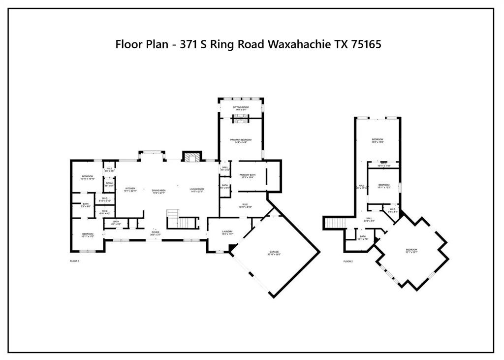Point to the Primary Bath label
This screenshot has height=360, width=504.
pyautogui.click(x=248, y=176)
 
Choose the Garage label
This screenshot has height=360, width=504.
pyautogui.click(x=274, y=252)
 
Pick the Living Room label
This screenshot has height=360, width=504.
pyautogui.click(x=197, y=191)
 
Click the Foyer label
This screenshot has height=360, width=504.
pyautogui.click(x=156, y=233)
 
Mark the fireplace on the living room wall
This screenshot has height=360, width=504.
pyautogui.click(x=191, y=157)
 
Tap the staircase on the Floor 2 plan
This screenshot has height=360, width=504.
pyautogui.click(x=334, y=223)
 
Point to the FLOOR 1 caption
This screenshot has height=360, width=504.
pyautogui.click(x=74, y=261)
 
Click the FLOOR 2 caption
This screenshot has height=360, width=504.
pyautogui.click(x=348, y=261)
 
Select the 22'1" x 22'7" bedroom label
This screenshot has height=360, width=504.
pyautogui.click(x=411, y=251)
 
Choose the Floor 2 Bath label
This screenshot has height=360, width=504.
pyautogui.click(x=363, y=238)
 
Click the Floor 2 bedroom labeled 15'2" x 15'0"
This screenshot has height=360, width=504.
pyautogui.click(x=378, y=141)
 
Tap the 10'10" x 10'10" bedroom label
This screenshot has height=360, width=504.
pyautogui.click(x=87, y=177)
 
